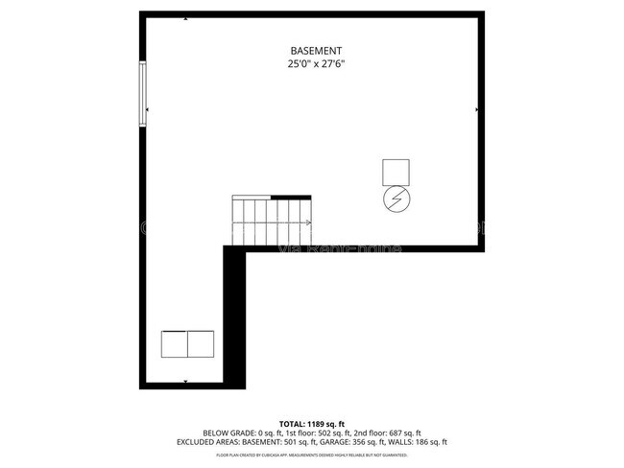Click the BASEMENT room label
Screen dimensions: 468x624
316,51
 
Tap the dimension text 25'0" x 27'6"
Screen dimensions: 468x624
316,64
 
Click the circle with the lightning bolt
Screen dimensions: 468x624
396,199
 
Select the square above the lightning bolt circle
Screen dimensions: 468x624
396,172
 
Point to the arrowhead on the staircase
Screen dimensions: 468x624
307,223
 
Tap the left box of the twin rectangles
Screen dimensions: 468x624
174,342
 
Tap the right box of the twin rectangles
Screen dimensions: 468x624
200,342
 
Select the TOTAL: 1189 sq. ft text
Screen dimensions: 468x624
312,423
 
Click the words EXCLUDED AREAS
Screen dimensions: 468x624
205,442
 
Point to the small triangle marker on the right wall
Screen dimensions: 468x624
477,110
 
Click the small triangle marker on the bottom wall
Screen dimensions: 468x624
184,382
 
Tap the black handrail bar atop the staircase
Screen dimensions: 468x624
291,197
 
